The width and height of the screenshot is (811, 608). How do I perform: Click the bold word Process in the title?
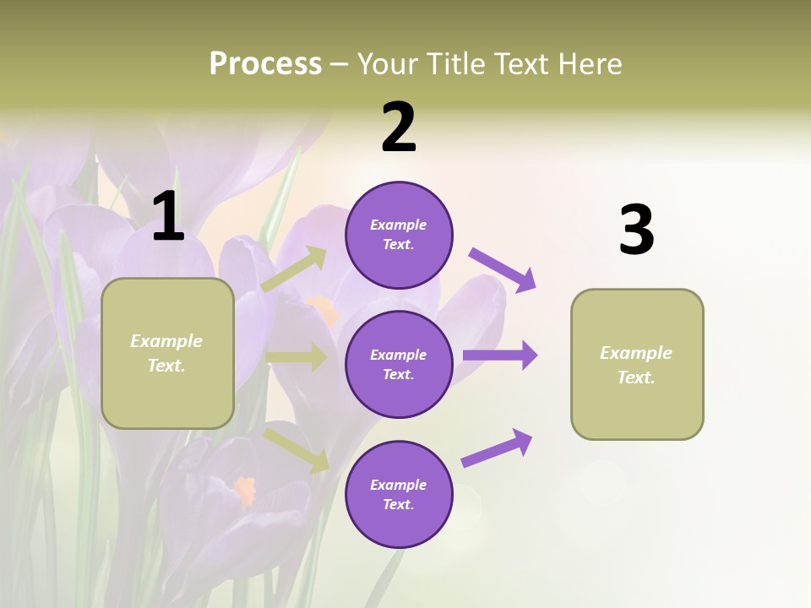click(265, 64)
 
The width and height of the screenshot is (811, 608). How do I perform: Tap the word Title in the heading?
click(454, 64)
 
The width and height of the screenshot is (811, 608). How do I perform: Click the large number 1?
click(168, 217)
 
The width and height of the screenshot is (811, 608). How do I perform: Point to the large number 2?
click(399, 128)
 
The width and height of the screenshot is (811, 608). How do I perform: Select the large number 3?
click(636, 231)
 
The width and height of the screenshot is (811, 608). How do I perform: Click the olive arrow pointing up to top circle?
click(294, 269)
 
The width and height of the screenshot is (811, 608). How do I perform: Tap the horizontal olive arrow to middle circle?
click(296, 357)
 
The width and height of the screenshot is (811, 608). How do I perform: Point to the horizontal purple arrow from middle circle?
click(499, 356)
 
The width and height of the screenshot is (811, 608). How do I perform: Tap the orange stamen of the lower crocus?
click(245, 490)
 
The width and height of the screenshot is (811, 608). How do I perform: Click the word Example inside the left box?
click(166, 341)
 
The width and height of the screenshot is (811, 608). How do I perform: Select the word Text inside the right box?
click(636, 377)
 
